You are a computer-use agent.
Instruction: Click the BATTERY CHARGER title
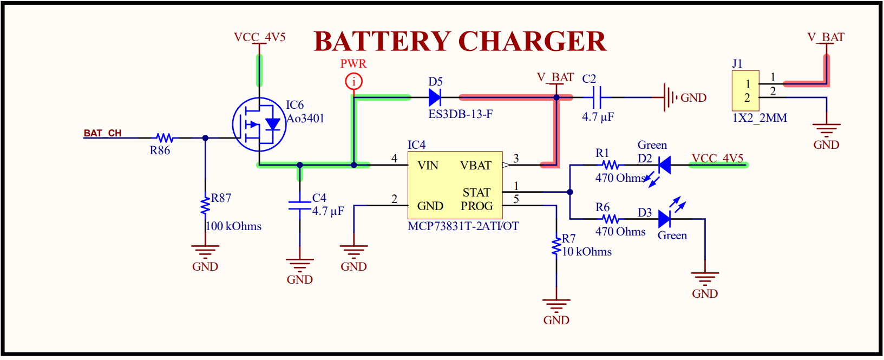[x=460, y=41]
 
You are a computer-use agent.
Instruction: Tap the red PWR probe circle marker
[x=353, y=82]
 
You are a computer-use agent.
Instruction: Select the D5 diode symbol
[x=434, y=97]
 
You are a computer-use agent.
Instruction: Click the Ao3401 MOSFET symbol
[x=259, y=125]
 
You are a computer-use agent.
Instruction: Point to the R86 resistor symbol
[x=165, y=138]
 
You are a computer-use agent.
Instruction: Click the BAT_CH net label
[x=102, y=133]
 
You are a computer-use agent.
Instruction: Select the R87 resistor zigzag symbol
[x=205, y=206]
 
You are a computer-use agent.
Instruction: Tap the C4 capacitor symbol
[x=299, y=205]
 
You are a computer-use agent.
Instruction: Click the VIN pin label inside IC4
[x=428, y=166]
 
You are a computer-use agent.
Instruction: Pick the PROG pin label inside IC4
[x=476, y=206]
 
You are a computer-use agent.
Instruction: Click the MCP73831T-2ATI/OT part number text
[x=463, y=226]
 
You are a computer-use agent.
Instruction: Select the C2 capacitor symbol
[x=597, y=97]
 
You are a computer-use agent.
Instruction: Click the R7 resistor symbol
[x=556, y=246]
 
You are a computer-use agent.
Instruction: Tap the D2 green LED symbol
[x=664, y=165]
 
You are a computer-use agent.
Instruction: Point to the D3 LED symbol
[x=665, y=219]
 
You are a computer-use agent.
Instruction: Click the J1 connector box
[x=745, y=91]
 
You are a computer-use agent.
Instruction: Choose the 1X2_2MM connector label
[x=759, y=118]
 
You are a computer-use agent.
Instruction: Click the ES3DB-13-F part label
[x=460, y=114]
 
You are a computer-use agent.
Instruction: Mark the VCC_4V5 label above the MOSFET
[x=259, y=37]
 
